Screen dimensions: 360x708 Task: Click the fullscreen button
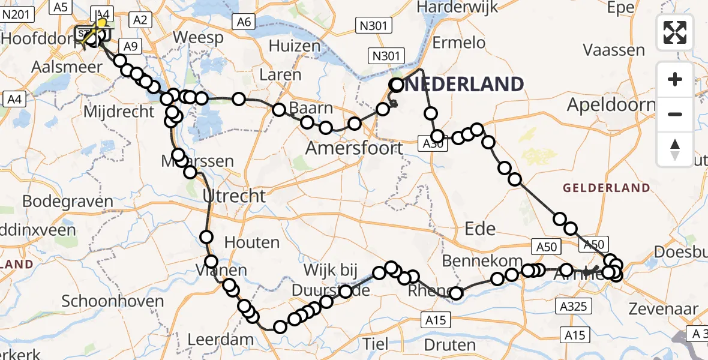[x=675, y=32]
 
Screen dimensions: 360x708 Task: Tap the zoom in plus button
[x=675, y=80]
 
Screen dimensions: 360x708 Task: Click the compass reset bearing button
[x=675, y=149]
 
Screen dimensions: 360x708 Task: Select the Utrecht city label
[x=233, y=196]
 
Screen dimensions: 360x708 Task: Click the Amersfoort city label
[x=353, y=148]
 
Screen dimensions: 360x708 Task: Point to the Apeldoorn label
[x=611, y=106]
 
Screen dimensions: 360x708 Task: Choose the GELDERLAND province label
[x=606, y=188]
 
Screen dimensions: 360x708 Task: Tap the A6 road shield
[x=244, y=22]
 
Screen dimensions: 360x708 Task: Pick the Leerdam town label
[x=220, y=340]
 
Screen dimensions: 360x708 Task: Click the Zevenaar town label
[x=663, y=310]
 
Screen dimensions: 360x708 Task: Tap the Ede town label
[x=481, y=228]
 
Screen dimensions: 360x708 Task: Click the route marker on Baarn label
[x=307, y=123]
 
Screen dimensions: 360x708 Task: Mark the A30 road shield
[x=433, y=144]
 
